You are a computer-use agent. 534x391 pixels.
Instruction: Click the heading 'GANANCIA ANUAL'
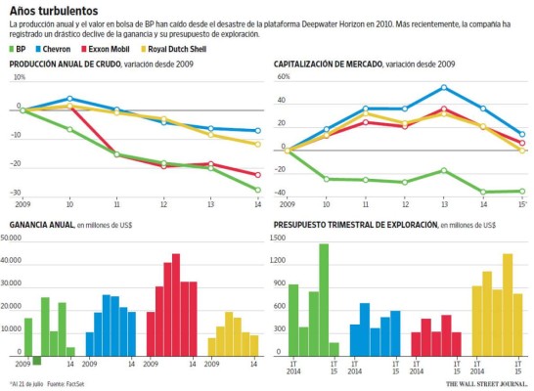click(41, 225)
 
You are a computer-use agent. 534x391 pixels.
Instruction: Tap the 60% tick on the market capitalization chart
click(284, 76)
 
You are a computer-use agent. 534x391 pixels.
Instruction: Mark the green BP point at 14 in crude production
click(256, 190)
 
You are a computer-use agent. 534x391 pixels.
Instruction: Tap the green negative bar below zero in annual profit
click(37, 361)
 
